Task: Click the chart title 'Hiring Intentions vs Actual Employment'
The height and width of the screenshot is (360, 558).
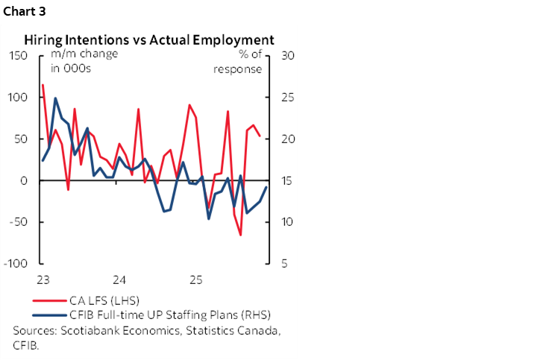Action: point(149,40)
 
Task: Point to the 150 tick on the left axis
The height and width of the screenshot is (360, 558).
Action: point(19,56)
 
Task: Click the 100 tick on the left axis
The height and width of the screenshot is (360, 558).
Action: point(19,98)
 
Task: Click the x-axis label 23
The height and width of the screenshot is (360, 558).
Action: point(43,280)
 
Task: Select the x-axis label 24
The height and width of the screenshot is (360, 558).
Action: point(119,280)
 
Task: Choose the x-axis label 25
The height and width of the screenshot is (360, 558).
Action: point(195,280)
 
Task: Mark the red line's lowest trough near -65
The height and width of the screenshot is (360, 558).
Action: point(241,236)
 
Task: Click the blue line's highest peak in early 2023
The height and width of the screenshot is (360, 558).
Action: point(55,98)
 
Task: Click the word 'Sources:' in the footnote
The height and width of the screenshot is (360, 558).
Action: point(34,330)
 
